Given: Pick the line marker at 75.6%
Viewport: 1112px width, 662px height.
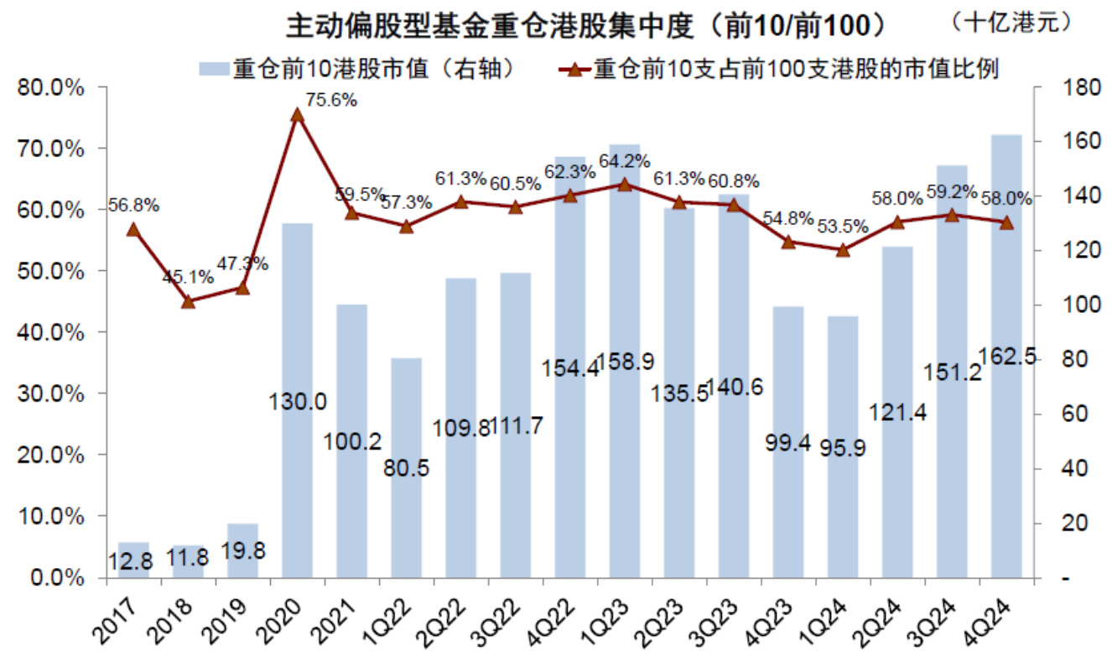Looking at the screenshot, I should point(297,115).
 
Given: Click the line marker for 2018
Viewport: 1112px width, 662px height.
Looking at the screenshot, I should point(188,301).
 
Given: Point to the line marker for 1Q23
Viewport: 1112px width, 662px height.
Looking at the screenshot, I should point(624,184).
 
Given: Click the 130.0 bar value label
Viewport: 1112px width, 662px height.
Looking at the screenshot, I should point(298,402).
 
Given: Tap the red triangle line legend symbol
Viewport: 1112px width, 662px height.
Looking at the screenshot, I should point(574,68).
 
